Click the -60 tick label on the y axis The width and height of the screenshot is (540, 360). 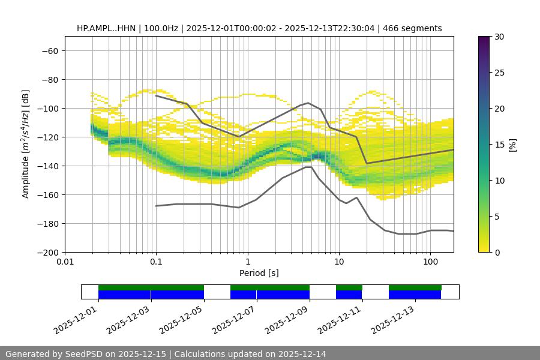pos(49,50)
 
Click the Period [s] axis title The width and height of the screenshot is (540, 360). pos(259,273)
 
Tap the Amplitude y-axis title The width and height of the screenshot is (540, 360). pos(26,144)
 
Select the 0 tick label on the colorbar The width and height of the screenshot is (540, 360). pos(497,252)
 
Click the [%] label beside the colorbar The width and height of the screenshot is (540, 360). pos(512,145)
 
